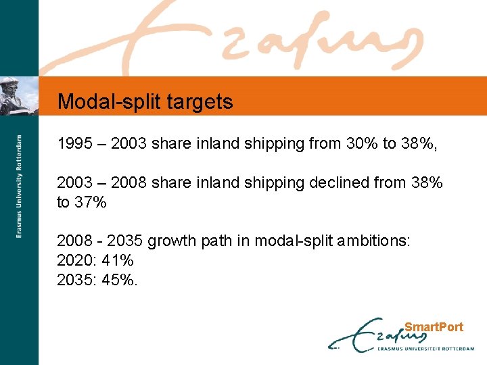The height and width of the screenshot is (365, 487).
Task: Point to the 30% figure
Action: (x=363, y=143)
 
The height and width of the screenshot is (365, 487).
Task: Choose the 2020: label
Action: (x=77, y=260)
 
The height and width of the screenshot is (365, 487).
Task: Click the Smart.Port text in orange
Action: (x=434, y=327)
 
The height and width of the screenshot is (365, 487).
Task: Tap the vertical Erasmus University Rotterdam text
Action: (x=20, y=185)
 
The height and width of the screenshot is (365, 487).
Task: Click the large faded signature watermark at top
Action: (x=271, y=41)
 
